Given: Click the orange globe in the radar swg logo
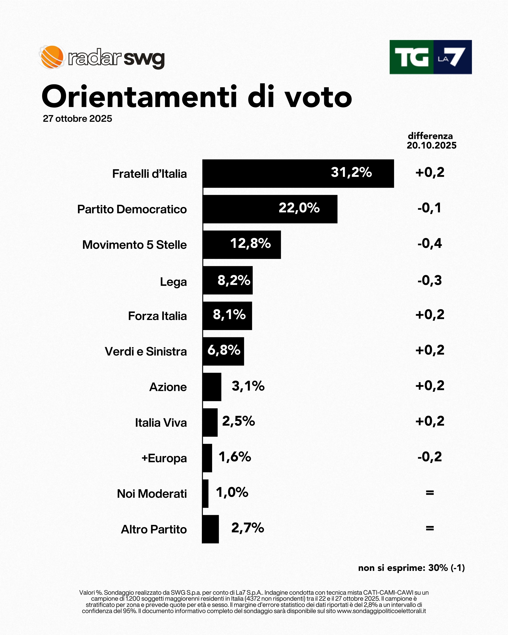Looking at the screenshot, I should [52, 57].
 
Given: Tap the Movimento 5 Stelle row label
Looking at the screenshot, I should [134, 245].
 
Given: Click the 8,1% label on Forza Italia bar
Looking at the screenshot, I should [229, 315].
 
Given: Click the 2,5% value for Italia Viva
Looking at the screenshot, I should [238, 421].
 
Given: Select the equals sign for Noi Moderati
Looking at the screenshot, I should [430, 492].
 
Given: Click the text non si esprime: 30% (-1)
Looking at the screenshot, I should [411, 568].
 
